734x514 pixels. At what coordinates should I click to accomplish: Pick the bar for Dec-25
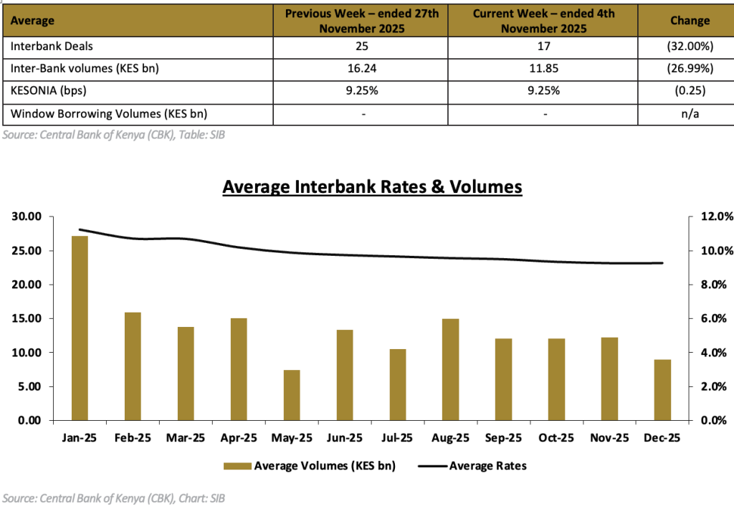point(663,389)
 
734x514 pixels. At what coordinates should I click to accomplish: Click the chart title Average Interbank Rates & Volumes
point(372,187)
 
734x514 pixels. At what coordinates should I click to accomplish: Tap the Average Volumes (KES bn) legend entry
point(310,466)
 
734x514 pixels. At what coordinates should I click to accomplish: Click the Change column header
point(690,21)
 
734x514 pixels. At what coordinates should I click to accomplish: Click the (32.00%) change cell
point(690,47)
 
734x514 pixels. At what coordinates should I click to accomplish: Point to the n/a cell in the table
point(690,114)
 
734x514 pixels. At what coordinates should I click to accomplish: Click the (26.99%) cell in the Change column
point(690,69)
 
